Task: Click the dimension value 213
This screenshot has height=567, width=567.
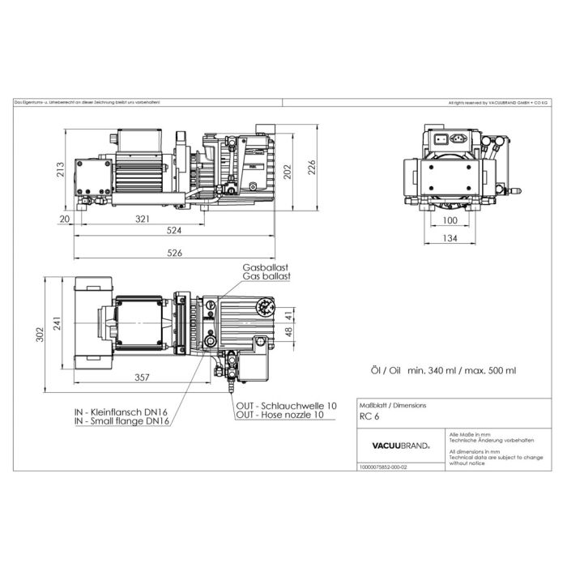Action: click(61, 168)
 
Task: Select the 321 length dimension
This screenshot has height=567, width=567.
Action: click(143, 220)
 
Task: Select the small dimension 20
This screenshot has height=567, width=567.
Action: click(64, 220)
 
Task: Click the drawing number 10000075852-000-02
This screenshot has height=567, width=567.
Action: click(383, 467)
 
